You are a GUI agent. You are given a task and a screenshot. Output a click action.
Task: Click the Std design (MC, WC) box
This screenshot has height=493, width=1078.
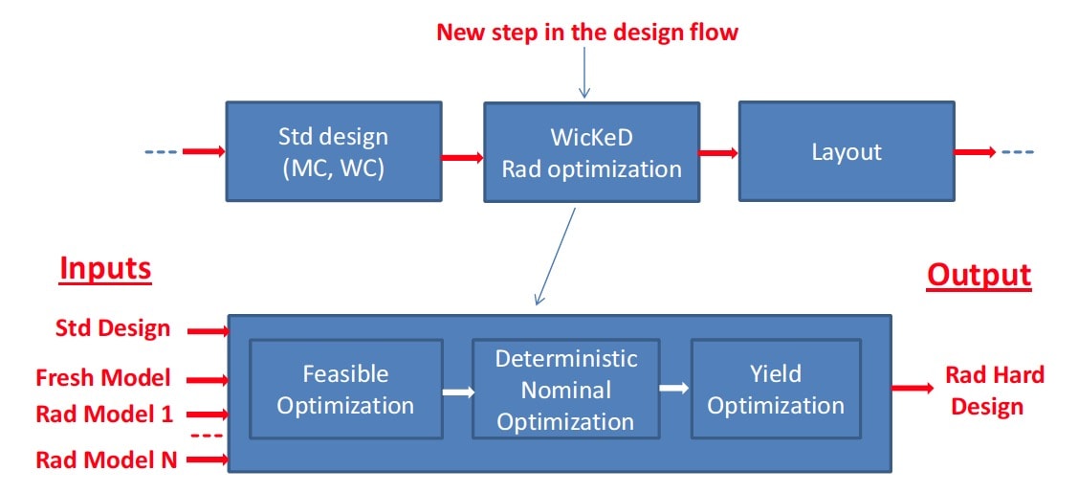pos(334,151)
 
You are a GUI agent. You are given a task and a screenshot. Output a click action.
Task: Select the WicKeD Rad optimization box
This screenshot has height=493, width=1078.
pos(591,152)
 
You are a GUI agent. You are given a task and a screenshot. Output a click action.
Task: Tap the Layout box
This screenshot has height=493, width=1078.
pos(847,151)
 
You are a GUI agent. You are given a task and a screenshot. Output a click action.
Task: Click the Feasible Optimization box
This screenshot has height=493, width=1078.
pos(346,390)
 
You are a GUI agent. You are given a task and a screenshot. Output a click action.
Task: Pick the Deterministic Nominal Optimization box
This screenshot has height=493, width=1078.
pos(565,390)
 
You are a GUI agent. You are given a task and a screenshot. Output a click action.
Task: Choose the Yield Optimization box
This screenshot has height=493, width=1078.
pos(776,390)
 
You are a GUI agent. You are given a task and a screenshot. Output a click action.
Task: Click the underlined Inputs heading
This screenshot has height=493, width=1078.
pos(105,270)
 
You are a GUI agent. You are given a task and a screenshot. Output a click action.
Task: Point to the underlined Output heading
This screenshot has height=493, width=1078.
pos(979,275)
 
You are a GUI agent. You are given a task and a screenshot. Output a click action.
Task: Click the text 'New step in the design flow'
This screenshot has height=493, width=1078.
pos(587,32)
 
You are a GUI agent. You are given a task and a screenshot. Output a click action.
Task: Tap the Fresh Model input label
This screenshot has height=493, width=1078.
pos(102,377)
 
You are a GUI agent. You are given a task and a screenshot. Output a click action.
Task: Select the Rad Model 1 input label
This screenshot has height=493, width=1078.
pos(104,414)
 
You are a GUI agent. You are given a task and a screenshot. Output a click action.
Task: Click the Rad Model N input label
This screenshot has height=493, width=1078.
pos(106,459)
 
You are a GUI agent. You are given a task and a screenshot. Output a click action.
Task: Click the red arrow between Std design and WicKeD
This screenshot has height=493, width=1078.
pos(463,157)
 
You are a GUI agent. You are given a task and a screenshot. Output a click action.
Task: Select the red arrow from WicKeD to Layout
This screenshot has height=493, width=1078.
pos(719,152)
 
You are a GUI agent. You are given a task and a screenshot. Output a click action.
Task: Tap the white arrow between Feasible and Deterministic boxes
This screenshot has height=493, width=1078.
pos(458,392)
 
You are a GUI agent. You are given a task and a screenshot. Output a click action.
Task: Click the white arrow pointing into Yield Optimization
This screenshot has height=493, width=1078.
pos(674,388)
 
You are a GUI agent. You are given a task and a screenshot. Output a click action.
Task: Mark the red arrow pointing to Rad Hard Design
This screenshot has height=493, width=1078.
pos(913,388)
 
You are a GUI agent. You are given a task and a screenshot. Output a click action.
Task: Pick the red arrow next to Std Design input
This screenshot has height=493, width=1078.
pos(209,331)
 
